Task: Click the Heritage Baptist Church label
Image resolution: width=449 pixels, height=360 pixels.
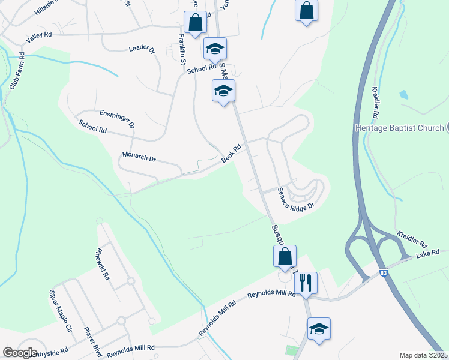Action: tap(399, 127)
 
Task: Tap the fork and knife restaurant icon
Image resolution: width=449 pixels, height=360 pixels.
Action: tap(306, 283)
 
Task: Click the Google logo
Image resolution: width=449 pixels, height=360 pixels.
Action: tap(20, 353)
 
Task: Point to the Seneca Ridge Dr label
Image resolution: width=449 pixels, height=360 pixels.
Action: tap(296, 199)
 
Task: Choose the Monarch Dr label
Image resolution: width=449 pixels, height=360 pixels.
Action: tap(139, 158)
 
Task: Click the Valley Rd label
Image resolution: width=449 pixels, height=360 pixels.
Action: tap(39, 37)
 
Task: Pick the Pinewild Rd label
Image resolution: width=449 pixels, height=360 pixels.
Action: tap(103, 265)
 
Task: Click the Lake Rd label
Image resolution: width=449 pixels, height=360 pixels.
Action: tap(428, 253)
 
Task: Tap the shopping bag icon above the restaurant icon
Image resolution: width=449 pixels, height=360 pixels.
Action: tap(285, 256)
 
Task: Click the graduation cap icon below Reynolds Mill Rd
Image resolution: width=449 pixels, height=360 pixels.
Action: tap(319, 329)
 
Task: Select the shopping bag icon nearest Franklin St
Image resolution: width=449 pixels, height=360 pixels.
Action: tap(195, 22)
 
